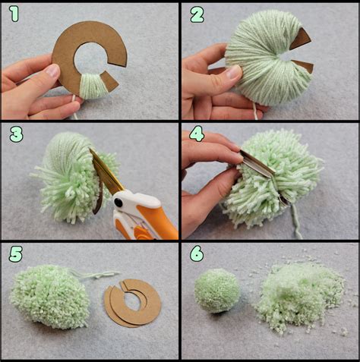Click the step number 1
pyautogui.click(x=14, y=14)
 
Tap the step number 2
pyautogui.click(x=197, y=14)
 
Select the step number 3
pyautogui.click(x=17, y=134)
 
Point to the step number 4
pyautogui.click(x=197, y=134)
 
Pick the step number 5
pyautogui.click(x=16, y=254)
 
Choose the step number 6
pyautogui.click(x=197, y=253)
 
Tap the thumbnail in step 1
pyautogui.click(x=52, y=71)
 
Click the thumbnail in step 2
pyautogui.click(x=232, y=71)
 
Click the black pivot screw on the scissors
pyautogui.click(x=118, y=202)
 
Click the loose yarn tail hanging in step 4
pyautogui.click(x=296, y=222)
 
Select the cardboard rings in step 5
pyautogui.click(x=132, y=303)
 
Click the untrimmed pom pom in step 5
pyautogui.click(x=50, y=297)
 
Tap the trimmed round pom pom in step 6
pyautogui.click(x=217, y=291)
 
